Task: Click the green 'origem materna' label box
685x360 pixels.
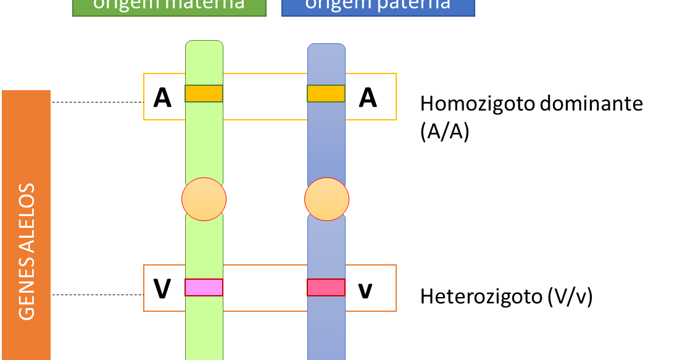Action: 169,6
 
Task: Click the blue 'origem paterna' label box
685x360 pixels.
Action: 378,6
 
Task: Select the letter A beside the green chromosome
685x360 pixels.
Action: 162,98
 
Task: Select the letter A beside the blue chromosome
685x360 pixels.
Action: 368,98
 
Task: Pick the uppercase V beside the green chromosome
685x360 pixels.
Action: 162,289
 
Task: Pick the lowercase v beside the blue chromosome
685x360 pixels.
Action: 365,290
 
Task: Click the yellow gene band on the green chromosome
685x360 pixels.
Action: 204,94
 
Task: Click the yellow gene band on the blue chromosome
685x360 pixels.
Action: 326,94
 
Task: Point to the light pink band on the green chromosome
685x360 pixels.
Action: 204,288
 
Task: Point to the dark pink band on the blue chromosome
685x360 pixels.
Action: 326,288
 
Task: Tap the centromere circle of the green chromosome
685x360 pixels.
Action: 204,199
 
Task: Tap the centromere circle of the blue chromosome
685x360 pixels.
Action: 326,199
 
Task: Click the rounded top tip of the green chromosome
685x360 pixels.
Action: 204,45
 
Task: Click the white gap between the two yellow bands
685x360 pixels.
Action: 265,96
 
